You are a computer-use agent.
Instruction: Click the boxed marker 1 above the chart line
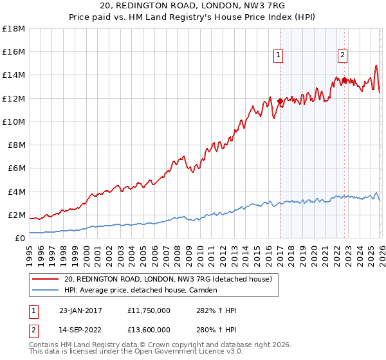click(278, 56)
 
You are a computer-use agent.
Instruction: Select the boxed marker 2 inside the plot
click(342, 56)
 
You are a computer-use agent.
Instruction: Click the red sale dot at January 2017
click(280, 102)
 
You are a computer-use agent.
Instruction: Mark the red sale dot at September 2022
click(344, 80)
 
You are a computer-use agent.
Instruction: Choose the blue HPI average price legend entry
click(141, 290)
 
